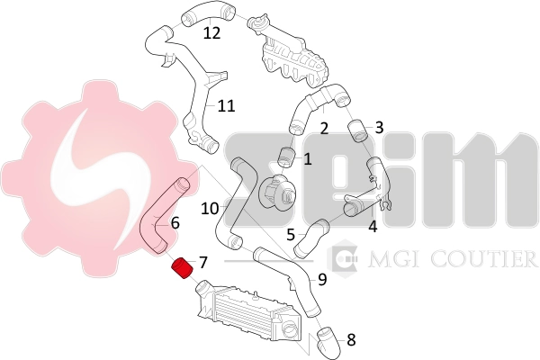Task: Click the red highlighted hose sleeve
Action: pos(184,267)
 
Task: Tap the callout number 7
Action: pos(203,263)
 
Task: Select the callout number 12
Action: pos(211,33)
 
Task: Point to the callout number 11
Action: pos(227,106)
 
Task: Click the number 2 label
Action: pos(324,129)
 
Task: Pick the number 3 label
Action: pos(379,128)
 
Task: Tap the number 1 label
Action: pos(307,159)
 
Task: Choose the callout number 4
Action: pos(373,227)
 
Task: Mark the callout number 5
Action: pos(291,235)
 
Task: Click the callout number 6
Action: pos(175,223)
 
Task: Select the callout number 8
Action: pos(351,339)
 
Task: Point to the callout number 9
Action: pos(322,279)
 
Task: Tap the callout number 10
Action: pos(210,209)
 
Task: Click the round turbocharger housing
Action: pos(276,191)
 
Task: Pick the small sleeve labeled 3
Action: pos(358,130)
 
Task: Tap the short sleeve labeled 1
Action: pos(287,157)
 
